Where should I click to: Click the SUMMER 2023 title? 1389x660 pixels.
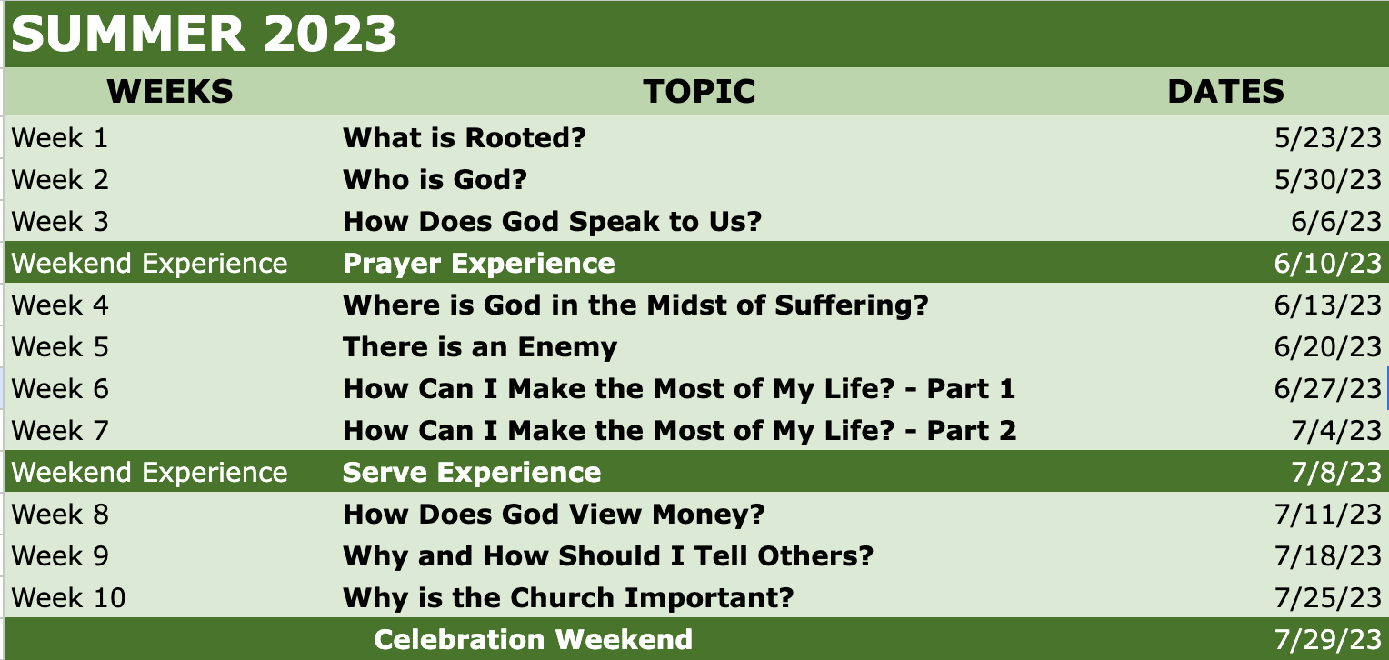[204, 34]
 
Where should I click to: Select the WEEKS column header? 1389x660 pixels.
[170, 92]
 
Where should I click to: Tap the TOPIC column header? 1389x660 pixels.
[699, 92]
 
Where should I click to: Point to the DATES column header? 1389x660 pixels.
[1226, 92]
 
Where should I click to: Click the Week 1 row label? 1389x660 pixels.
[59, 137]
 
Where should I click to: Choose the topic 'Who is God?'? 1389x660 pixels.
[435, 180]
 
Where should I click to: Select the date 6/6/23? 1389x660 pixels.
[1336, 222]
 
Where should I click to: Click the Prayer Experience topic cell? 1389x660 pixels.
[479, 264]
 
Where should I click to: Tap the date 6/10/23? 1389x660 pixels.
[1327, 264]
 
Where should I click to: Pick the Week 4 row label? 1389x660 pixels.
[59, 305]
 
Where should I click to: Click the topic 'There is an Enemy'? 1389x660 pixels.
[480, 347]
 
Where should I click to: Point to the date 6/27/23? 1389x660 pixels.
[1327, 389]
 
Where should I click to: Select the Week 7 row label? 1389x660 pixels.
[59, 431]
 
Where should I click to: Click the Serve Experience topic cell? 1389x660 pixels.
[472, 473]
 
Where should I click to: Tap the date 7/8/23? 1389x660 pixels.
[1336, 473]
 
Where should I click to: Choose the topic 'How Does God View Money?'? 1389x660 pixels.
[554, 515]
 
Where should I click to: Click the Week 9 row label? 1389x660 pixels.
[59, 555]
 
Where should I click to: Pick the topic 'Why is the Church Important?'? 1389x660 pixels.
[568, 598]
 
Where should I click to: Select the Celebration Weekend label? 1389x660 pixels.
[534, 639]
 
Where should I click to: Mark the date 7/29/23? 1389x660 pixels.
[1327, 639]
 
